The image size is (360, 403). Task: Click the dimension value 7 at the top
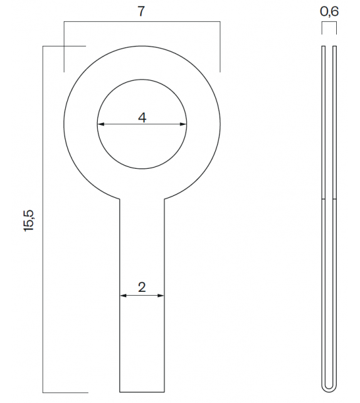coord(142,11)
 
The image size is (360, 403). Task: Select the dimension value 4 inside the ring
coord(142,117)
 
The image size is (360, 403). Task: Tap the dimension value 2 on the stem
coord(142,287)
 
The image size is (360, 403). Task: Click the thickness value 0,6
coord(329,11)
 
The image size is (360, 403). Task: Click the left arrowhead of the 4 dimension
coord(100,124)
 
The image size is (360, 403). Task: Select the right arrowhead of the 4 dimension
coord(184,124)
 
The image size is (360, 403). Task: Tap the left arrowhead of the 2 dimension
coord(122,295)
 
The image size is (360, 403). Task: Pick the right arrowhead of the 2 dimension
coord(161,295)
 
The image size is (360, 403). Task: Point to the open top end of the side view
coord(329,46)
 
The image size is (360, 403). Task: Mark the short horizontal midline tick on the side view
coord(329,200)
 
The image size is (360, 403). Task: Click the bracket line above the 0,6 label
coord(329,23)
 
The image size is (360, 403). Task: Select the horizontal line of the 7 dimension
coord(142,23)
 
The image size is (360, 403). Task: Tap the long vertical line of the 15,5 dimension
coord(43,220)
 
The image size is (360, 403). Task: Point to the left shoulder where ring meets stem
coord(119,198)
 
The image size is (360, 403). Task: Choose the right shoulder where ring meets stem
coord(164,198)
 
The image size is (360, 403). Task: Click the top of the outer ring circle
coord(142,46)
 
